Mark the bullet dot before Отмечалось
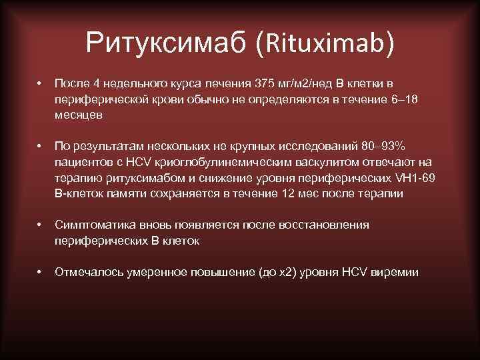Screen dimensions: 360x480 coord(40,272)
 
